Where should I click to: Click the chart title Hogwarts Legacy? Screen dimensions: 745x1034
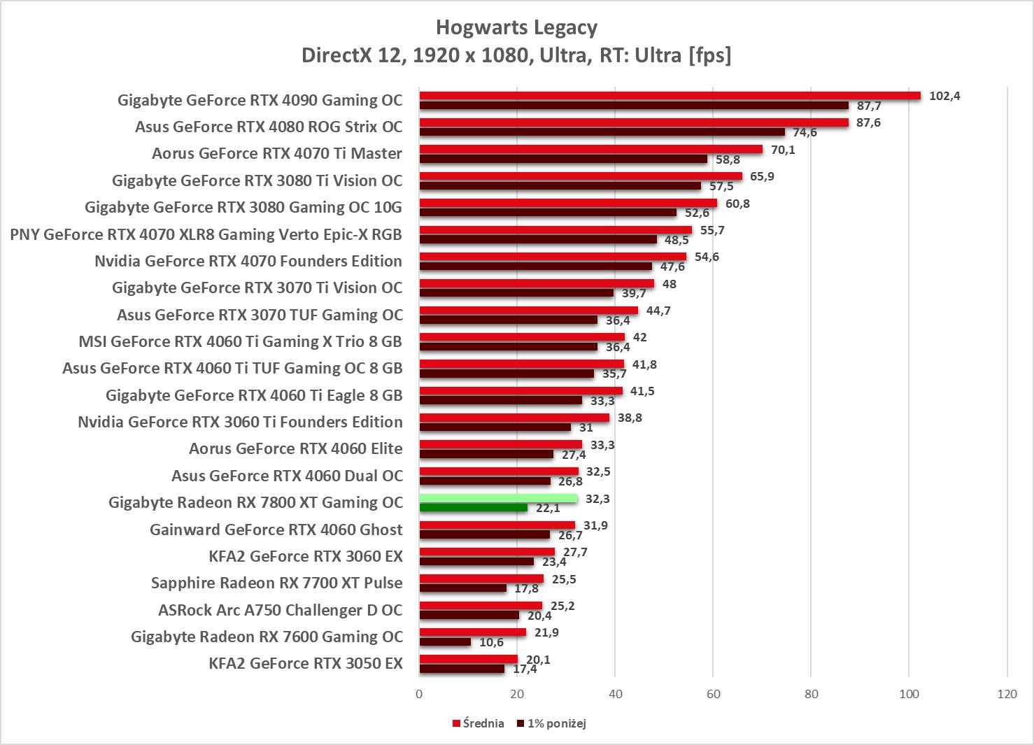516,27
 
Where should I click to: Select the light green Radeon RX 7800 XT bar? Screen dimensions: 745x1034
498,498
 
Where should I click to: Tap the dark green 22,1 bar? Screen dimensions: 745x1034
473,508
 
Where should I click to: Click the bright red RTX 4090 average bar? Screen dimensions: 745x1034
670,95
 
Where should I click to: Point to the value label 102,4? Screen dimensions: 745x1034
944,96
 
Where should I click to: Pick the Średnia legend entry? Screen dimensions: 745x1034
479,723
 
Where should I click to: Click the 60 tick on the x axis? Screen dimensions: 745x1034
713,694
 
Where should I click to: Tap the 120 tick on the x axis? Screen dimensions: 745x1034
1007,694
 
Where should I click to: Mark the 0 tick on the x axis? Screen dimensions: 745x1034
419,694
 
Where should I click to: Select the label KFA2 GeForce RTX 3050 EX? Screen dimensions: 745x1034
306,663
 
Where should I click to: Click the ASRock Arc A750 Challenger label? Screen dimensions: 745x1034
281,610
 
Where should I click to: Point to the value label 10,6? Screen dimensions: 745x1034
491,642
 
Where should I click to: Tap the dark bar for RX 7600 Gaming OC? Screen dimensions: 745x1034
445,642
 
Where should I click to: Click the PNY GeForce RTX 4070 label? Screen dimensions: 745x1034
206,234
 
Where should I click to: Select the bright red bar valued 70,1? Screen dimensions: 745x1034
590,149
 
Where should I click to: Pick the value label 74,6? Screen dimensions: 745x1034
805,132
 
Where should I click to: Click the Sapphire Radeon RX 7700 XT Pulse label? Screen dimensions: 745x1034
277,583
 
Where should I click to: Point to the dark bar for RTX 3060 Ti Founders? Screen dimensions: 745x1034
495,427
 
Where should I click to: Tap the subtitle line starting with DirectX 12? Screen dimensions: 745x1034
516,55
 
